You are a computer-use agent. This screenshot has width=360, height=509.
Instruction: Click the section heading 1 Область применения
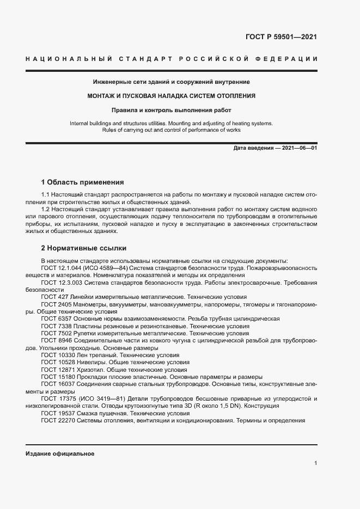point(82,182)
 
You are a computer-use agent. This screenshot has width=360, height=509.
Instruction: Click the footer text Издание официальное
point(60,453)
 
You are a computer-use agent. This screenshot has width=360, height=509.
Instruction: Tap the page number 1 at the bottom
point(315,463)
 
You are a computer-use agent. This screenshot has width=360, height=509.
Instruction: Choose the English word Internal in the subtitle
point(80,124)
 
